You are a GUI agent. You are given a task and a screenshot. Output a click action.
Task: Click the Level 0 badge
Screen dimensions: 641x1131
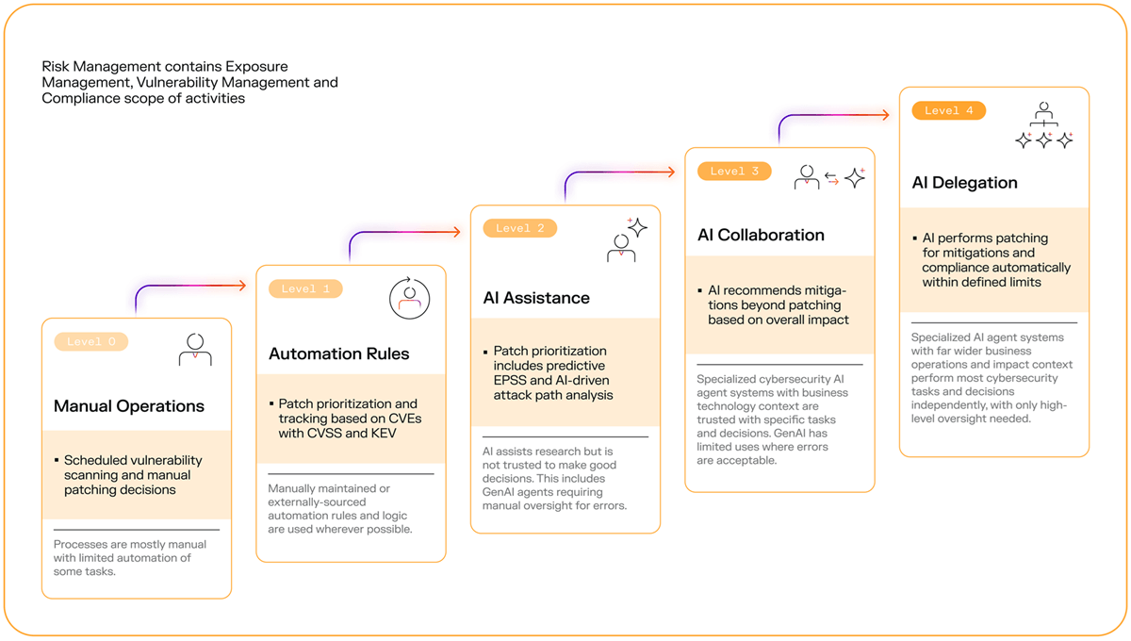coord(91,341)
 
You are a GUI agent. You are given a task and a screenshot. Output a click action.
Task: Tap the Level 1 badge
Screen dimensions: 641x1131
coord(305,288)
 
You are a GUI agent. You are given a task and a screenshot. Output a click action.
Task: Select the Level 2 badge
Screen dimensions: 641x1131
coord(519,228)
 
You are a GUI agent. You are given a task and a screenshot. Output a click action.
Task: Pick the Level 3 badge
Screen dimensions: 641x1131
coord(734,172)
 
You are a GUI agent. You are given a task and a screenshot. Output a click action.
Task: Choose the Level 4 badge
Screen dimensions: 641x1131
coord(948,110)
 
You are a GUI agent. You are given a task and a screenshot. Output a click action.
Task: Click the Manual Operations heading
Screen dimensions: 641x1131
coord(129,406)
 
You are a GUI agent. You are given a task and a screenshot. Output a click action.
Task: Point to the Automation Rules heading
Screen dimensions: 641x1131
coord(339,354)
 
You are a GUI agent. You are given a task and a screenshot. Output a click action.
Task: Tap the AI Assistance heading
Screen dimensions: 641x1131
coord(536,298)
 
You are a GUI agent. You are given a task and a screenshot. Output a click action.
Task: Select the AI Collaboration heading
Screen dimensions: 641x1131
coord(761,236)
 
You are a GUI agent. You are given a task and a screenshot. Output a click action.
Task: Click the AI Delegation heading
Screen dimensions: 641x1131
coord(965,183)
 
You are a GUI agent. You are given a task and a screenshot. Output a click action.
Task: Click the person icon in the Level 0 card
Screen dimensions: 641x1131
coord(195,350)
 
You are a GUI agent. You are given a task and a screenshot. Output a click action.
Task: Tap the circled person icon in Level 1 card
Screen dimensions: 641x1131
coord(410,298)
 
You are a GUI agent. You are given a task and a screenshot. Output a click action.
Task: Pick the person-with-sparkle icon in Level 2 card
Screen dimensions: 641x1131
coord(626,239)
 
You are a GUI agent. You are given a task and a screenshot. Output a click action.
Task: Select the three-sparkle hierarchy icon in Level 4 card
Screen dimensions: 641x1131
coord(1044,126)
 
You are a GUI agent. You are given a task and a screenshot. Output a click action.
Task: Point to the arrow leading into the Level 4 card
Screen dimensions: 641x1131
coord(834,116)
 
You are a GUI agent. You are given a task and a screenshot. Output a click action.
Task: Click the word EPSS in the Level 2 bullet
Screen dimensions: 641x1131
coord(511,380)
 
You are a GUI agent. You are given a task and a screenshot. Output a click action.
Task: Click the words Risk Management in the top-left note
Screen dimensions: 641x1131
coord(102,67)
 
